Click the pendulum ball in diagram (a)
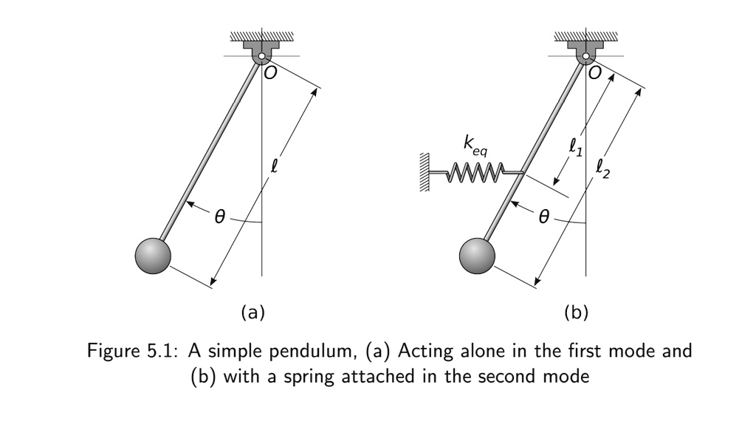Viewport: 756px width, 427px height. click(154, 256)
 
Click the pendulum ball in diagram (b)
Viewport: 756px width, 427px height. click(478, 256)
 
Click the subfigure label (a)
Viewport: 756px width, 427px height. click(252, 312)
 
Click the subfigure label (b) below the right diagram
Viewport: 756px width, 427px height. click(576, 312)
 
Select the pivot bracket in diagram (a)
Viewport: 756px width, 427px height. click(261, 52)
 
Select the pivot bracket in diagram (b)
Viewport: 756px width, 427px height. click(585, 52)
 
